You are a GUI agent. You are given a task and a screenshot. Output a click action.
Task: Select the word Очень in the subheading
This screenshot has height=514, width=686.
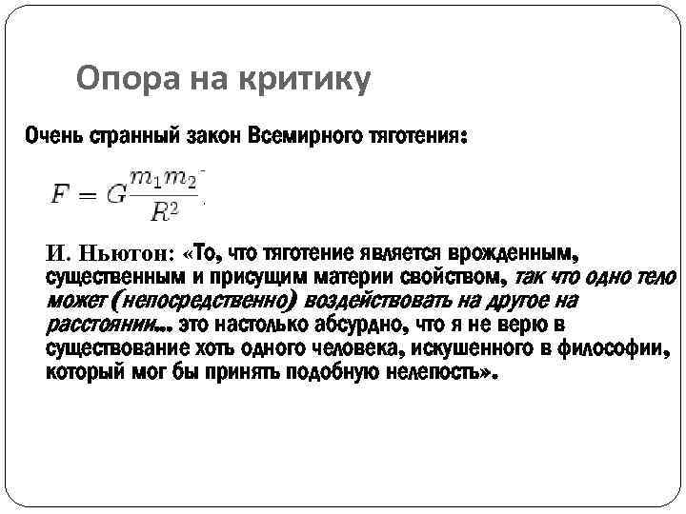pyautogui.click(x=54, y=137)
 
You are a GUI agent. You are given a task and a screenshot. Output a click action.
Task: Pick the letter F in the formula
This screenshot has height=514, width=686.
pyautogui.click(x=59, y=196)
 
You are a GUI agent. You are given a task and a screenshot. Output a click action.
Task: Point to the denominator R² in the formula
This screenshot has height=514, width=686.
pyautogui.click(x=163, y=211)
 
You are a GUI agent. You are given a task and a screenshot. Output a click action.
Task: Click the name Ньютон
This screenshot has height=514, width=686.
pyautogui.click(x=125, y=254)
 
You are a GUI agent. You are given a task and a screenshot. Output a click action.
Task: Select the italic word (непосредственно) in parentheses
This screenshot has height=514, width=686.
pyautogui.click(x=200, y=302)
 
